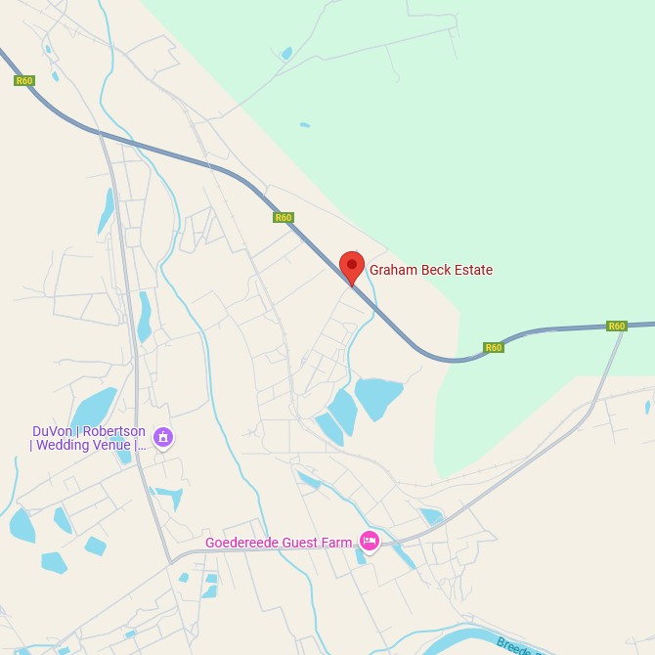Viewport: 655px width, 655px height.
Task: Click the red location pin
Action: [x=352, y=266]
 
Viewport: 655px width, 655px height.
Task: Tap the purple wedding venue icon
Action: [x=164, y=437]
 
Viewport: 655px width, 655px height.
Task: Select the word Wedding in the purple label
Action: [x=65, y=446]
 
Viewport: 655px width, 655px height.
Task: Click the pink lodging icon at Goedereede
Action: [x=369, y=541]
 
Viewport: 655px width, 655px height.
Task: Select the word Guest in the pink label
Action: [x=303, y=543]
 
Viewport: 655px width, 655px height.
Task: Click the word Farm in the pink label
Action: [x=338, y=543]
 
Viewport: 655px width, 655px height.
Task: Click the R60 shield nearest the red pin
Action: [x=284, y=217]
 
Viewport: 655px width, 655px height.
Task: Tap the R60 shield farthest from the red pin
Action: [x=24, y=80]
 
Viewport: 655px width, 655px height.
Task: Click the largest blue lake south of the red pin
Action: [x=378, y=396]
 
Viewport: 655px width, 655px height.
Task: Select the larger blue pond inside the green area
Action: [x=285, y=53]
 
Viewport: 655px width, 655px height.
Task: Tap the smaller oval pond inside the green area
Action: [x=305, y=125]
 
